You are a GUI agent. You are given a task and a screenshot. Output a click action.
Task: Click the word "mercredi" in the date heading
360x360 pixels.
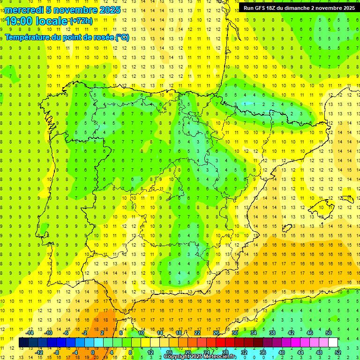(24, 10)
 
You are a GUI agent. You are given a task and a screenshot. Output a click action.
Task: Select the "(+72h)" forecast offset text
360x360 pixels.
(81, 21)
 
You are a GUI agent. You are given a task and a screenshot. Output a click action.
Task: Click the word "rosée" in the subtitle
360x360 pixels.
(103, 37)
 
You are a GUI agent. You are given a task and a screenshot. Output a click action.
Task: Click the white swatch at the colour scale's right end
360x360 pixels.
(333, 343)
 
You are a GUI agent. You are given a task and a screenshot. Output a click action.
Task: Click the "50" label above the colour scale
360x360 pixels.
(329, 333)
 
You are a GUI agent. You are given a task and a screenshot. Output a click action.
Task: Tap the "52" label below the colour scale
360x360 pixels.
(338, 352)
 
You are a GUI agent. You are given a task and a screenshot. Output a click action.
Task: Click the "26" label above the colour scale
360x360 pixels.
(216, 333)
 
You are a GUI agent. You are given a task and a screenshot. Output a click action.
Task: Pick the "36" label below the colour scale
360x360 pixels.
(263, 352)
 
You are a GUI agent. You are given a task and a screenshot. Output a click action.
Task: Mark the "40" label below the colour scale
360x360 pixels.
(282, 352)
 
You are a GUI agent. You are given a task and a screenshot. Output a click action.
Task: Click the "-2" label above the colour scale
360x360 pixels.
(84, 333)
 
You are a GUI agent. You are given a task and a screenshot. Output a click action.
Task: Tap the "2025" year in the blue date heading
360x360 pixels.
(109, 10)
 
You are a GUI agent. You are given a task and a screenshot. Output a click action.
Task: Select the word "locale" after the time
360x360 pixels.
(51, 21)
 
